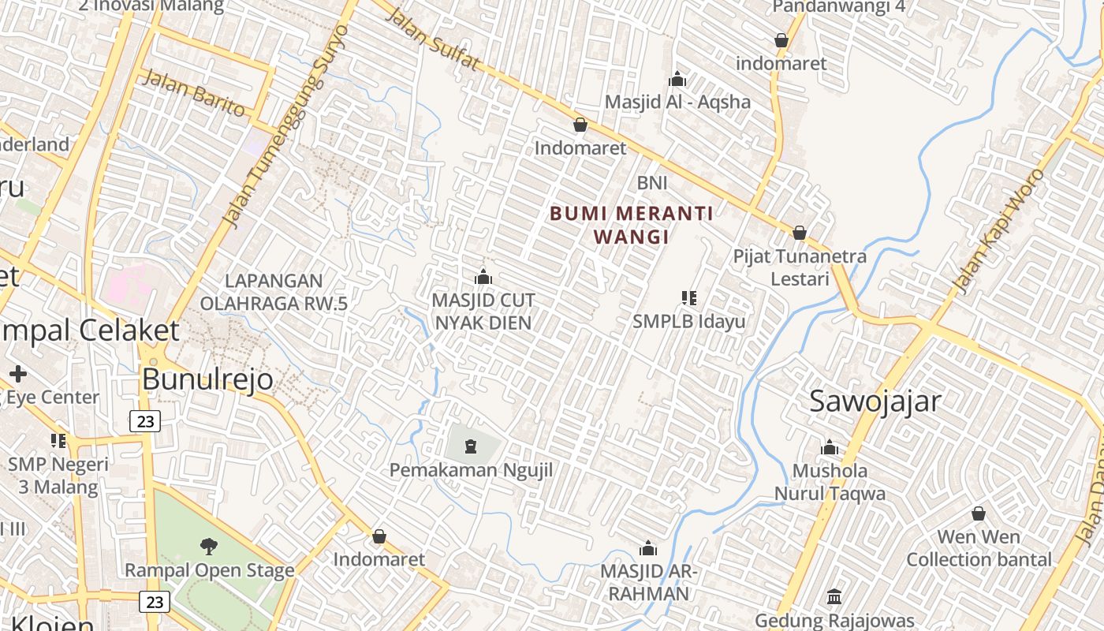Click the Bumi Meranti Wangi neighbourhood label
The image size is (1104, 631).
(x=631, y=225)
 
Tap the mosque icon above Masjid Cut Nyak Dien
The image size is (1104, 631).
(x=483, y=277)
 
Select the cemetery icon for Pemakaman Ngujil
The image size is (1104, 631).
(x=471, y=446)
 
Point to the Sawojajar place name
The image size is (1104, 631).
(x=875, y=401)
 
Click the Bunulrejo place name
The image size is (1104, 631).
(x=207, y=379)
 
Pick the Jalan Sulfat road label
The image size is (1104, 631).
(x=433, y=41)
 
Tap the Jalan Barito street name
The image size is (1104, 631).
(x=195, y=93)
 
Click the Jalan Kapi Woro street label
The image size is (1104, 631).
(x=998, y=231)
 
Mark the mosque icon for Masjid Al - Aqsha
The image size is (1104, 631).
(x=677, y=79)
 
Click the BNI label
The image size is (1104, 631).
(x=652, y=183)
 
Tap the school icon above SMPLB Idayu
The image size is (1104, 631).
(x=688, y=298)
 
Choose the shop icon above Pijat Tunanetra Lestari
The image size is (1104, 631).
(x=799, y=233)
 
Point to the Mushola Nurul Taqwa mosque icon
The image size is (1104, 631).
(x=829, y=448)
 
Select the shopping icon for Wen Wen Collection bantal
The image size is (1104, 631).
(x=978, y=513)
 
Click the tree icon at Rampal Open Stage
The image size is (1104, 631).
(x=209, y=545)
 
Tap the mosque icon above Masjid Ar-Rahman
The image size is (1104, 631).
(x=647, y=548)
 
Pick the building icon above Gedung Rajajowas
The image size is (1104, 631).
(x=834, y=596)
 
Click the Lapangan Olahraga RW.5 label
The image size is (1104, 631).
(x=274, y=292)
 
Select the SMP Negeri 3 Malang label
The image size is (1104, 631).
(x=58, y=475)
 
